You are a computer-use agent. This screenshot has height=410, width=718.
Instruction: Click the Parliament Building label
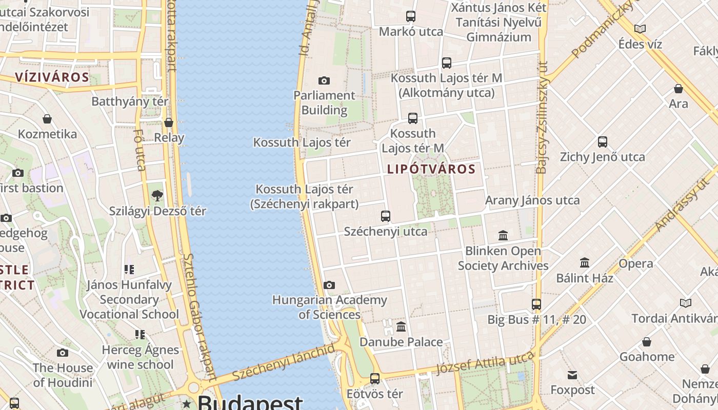point(324,102)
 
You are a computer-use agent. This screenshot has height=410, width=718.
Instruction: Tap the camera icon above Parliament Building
point(324,80)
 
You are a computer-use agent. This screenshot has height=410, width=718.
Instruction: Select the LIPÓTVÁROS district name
point(431,169)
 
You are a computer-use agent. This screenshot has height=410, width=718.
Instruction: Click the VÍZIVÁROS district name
point(52,77)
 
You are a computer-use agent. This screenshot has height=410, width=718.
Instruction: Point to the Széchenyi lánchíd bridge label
point(284,362)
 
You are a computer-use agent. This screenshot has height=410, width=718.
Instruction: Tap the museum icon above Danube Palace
point(401,326)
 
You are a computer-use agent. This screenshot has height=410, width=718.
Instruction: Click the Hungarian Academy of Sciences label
point(329,307)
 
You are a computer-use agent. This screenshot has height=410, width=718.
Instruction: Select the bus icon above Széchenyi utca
point(386,216)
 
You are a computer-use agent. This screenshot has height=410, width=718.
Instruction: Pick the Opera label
point(636,263)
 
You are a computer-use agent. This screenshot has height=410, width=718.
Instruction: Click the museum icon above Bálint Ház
point(585,263)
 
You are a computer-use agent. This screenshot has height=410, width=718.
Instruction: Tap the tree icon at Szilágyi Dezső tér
point(157,195)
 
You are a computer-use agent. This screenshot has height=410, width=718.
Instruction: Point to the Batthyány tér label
point(130,101)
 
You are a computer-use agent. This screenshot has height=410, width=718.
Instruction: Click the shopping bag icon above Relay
point(169,122)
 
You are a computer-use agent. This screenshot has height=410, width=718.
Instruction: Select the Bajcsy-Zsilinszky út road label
point(542,118)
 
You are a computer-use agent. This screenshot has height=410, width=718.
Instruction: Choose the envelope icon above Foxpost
point(572,375)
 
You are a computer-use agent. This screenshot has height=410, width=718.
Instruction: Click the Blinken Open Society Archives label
point(503,258)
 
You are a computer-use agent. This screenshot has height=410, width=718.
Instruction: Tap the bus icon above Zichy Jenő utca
point(603,142)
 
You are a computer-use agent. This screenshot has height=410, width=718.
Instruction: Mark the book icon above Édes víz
point(640,29)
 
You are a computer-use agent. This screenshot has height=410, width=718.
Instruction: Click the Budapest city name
point(250,402)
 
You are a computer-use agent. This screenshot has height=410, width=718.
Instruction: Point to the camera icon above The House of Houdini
point(63,353)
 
